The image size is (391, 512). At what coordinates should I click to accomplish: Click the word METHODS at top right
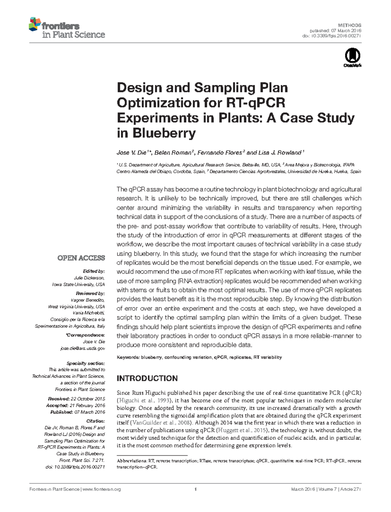click(x=350, y=25)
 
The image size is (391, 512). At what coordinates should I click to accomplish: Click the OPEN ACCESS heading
click(x=81, y=258)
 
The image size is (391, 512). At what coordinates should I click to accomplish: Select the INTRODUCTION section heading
click(x=147, y=378)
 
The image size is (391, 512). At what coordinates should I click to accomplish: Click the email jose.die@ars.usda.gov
click(x=83, y=348)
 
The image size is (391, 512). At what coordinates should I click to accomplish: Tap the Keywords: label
click(x=128, y=358)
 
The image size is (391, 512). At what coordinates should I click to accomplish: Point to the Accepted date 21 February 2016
click(x=87, y=405)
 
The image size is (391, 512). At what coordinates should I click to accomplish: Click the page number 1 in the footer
click(x=195, y=489)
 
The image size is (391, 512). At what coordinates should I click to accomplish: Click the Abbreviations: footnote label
click(x=131, y=461)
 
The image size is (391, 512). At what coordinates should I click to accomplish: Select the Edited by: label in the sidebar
click(x=94, y=271)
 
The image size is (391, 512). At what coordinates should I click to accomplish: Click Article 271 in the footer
click(x=351, y=489)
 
